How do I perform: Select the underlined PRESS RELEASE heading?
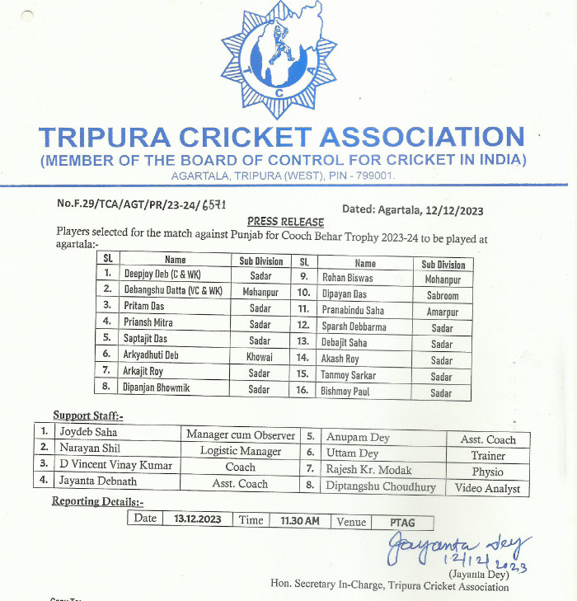285,222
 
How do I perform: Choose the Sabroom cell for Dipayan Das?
443,295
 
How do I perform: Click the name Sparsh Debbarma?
354,326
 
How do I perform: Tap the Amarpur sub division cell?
443,312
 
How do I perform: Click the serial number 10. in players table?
304,293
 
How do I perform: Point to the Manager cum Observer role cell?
240,434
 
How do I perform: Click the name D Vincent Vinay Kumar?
115,465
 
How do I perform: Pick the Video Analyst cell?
488,488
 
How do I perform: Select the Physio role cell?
488,472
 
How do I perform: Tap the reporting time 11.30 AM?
299,520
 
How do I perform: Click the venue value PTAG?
402,522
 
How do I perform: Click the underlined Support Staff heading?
88,416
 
